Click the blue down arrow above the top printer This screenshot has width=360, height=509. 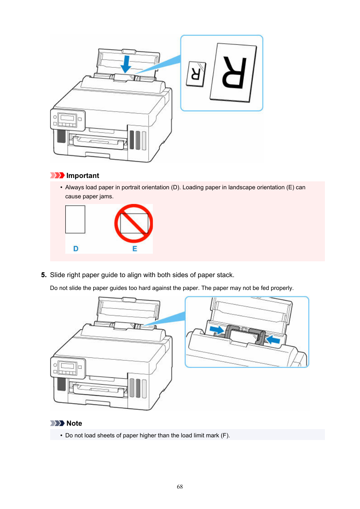[x=126, y=64]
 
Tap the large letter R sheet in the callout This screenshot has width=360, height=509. [x=234, y=72]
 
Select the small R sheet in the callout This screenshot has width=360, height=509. [x=196, y=74]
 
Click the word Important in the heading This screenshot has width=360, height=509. [x=83, y=176]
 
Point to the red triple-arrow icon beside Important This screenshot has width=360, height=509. [x=57, y=175]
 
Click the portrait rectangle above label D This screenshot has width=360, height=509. [x=75, y=219]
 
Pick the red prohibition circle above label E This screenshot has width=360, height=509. [x=134, y=223]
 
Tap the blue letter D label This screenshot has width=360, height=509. [x=76, y=249]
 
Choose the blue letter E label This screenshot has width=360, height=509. [x=135, y=249]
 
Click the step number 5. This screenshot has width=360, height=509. [x=43, y=275]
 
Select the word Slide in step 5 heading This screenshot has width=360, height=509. [x=57, y=275]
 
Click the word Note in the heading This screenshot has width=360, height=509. [x=74, y=423]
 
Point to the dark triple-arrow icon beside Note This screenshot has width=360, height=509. [x=57, y=423]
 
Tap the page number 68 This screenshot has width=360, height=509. [x=180, y=487]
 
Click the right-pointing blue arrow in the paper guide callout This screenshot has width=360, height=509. [x=217, y=330]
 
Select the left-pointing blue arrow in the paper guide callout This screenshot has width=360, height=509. [x=273, y=340]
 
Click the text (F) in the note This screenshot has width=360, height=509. [x=225, y=435]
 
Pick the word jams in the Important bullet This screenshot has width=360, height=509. [x=106, y=196]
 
